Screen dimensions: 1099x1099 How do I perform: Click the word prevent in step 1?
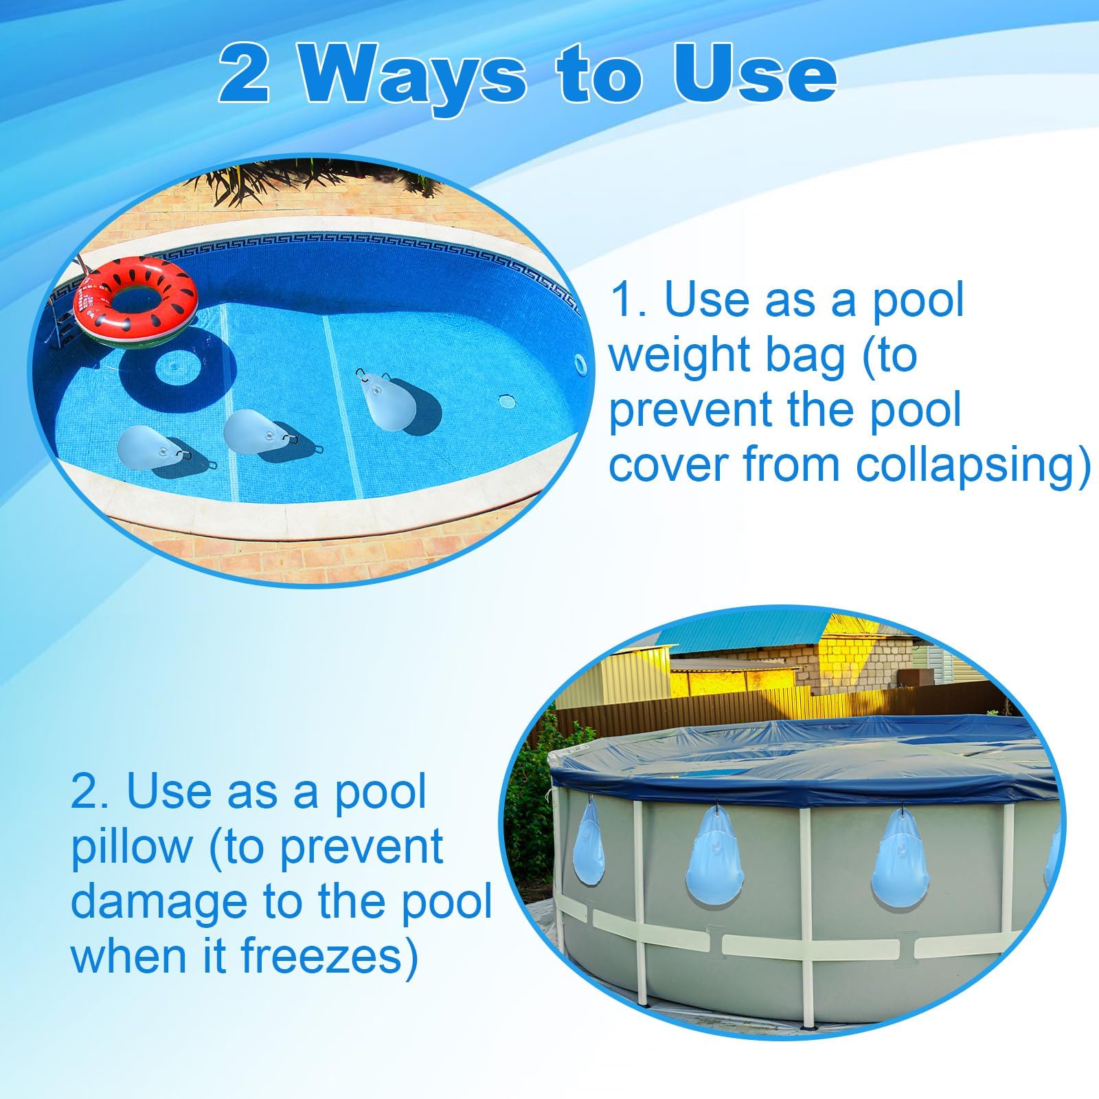[691, 411]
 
